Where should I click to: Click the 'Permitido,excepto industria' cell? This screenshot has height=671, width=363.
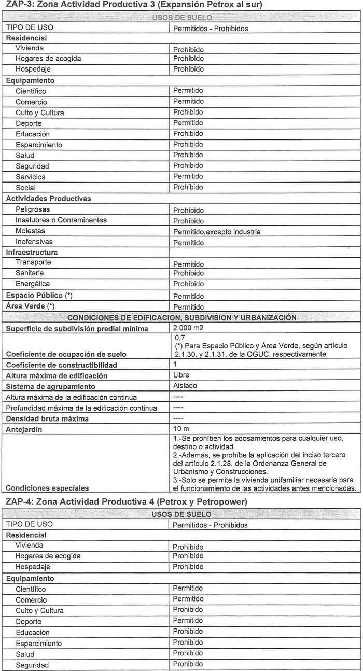[217, 232]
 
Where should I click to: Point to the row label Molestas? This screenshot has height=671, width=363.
[30, 231]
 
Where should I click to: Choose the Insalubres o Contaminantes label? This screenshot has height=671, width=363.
[61, 220]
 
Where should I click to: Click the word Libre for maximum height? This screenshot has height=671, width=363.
[181, 375]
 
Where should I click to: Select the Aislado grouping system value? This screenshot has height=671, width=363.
[186, 386]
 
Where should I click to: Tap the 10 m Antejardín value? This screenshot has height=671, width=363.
[182, 429]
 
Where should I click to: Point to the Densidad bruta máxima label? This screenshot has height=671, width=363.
[47, 418]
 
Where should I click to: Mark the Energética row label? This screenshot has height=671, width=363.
[32, 284]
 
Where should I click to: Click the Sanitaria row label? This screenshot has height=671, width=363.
[30, 273]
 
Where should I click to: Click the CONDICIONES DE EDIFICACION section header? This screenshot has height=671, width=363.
[181, 317]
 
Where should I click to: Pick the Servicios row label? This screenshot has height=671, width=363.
[30, 177]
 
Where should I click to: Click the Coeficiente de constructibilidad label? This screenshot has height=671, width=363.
[61, 365]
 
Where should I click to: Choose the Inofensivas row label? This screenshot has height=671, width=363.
[34, 242]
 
